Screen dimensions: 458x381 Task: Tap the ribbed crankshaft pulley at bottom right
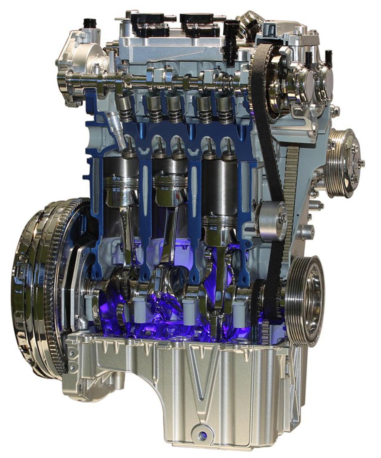click(305, 299)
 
